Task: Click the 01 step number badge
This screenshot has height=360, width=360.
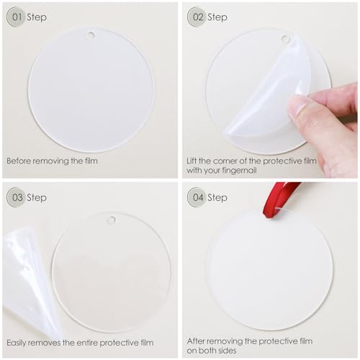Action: [16, 17]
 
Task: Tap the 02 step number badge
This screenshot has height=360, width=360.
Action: [197, 17]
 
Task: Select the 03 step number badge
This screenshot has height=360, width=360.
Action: [16, 197]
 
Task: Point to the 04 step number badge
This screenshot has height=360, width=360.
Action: [197, 197]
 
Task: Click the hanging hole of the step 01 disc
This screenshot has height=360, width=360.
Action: [91, 35]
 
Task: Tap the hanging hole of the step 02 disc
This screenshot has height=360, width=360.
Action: [286, 39]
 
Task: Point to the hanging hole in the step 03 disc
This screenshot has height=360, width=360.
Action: [111, 220]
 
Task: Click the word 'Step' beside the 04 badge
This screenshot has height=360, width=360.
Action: [217, 197]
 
